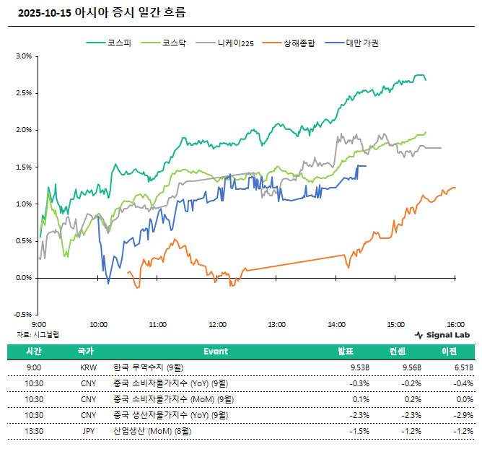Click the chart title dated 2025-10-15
[x=100, y=12]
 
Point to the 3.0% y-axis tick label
[x=24, y=56]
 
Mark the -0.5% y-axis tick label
[x=22, y=315]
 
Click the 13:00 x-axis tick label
[x=276, y=325]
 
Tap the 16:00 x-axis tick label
[x=455, y=325]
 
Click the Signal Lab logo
[x=444, y=335]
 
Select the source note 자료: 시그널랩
[x=38, y=334]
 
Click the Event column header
[x=215, y=352]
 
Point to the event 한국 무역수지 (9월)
[x=149, y=367]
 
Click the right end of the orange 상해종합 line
[x=455, y=188]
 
